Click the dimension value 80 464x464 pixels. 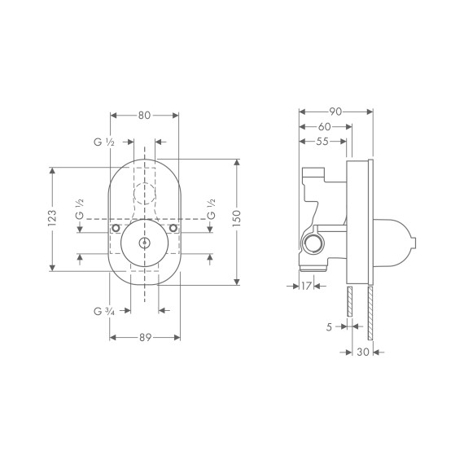click(x=144, y=116)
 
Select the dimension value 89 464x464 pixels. click(x=144, y=337)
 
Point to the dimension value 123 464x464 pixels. click(x=51, y=218)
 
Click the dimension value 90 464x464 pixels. click(x=335, y=110)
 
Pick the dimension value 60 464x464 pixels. click(x=324, y=126)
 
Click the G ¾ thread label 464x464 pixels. click(x=103, y=310)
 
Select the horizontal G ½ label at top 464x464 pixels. click(x=103, y=142)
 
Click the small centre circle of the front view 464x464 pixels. click(x=144, y=243)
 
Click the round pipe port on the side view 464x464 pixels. click(x=311, y=245)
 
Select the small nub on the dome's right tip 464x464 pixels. click(x=416, y=240)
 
